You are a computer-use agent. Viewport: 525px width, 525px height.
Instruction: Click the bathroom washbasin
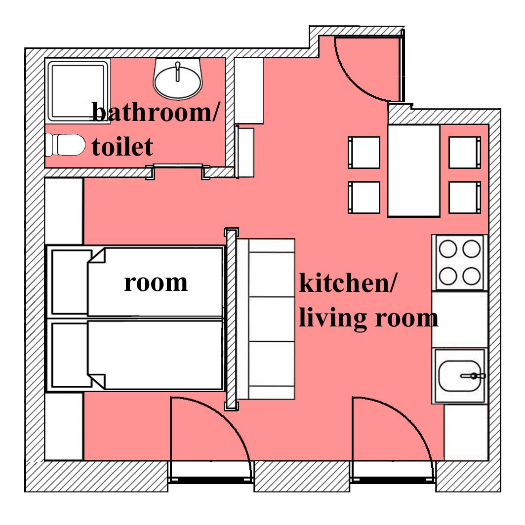pos(178,79)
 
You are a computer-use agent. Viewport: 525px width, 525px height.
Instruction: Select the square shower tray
pos(78,90)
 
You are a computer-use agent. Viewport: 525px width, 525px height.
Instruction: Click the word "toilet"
pos(122,147)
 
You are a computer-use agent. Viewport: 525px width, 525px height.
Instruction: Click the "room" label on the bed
pos(156,283)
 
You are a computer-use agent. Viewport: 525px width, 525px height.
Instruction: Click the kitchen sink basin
pos(459,376)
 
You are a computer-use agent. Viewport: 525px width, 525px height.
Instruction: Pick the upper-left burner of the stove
pos(447,249)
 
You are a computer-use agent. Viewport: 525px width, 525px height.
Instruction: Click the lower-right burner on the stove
pos(472,276)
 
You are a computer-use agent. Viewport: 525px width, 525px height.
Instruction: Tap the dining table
pos(414,171)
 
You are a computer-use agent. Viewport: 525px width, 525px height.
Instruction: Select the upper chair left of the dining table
pos(364,152)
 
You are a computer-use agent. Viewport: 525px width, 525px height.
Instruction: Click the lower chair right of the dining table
pos(465,198)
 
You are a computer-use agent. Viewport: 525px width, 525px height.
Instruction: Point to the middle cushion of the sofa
pos(272,319)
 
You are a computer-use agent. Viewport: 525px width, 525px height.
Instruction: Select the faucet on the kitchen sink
pos(473,376)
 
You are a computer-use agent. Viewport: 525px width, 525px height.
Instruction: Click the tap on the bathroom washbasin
pos(177,71)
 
